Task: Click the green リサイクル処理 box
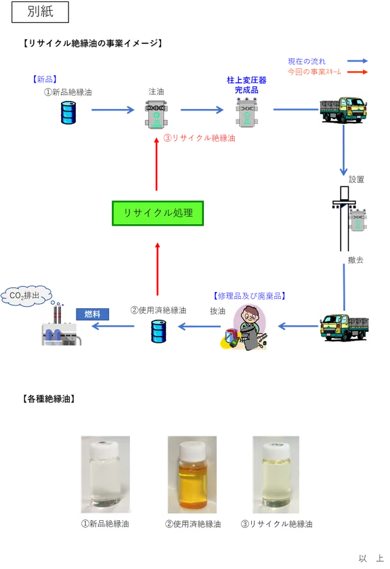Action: click(158, 213)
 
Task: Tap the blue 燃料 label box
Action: click(93, 314)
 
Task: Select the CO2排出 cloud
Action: click(26, 296)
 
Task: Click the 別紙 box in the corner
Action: click(40, 12)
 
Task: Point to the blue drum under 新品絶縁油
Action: click(68, 112)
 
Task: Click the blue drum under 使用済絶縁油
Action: click(158, 331)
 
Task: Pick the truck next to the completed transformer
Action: click(343, 110)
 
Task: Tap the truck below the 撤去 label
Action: click(344, 328)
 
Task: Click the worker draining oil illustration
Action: click(244, 327)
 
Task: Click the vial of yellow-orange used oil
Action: click(192, 475)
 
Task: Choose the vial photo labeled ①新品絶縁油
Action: click(106, 475)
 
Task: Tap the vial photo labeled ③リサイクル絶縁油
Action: click(276, 475)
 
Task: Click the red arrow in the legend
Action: click(357, 72)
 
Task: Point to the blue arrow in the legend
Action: click(357, 61)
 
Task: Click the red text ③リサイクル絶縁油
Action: click(199, 138)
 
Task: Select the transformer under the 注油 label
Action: click(156, 114)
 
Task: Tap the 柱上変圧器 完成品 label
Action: click(246, 85)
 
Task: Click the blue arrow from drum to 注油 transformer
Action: click(113, 110)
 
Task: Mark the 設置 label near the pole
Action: click(357, 180)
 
